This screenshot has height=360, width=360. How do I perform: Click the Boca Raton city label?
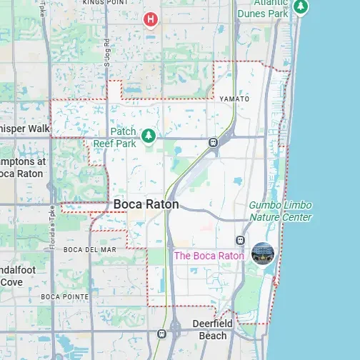coord(146,204)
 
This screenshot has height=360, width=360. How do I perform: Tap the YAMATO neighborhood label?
coord(234,99)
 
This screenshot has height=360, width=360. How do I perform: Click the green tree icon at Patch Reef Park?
coord(149,135)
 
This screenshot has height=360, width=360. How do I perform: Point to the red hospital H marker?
coord(150,19)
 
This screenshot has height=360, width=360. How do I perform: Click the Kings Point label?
coord(105,3)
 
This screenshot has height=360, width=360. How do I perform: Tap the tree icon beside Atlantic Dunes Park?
coord(301,6)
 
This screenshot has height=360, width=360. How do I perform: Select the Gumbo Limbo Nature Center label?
coord(280,211)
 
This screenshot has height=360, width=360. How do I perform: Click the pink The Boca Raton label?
coord(209,256)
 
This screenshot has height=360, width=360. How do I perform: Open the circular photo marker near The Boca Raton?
coord(262,254)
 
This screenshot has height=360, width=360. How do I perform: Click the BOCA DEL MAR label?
coord(89,249)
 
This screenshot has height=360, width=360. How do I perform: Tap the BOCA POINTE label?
coord(64,296)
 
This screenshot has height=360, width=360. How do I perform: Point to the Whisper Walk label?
coord(24,129)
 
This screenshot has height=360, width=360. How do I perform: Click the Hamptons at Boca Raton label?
coord(21,167)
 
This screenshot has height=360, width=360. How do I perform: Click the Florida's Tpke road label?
coord(51,223)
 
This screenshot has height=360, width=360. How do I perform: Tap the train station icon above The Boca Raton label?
coord(241,240)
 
